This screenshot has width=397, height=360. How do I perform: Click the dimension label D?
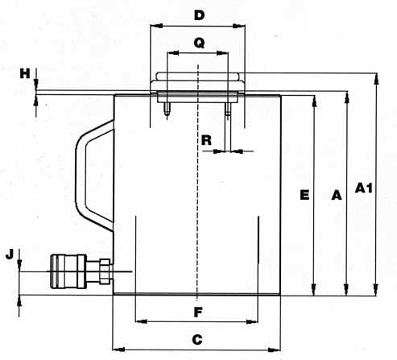[x=199, y=15]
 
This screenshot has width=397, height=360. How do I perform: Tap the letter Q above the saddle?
[x=199, y=43]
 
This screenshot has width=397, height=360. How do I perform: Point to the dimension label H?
[x=25, y=73]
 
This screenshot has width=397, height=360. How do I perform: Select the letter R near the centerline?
[x=206, y=140]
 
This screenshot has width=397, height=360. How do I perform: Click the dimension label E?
[x=304, y=195]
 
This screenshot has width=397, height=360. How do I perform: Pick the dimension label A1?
[x=364, y=188]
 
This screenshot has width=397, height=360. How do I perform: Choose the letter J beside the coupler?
[x=10, y=254]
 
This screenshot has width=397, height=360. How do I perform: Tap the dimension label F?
[x=198, y=312]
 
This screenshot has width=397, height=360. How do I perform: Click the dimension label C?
[x=197, y=340]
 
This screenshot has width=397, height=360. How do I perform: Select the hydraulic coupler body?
[x=68, y=271]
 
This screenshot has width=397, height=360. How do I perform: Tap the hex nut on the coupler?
[x=105, y=271]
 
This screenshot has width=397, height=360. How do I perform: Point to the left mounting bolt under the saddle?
[x=167, y=110]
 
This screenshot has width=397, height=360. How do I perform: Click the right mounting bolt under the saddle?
[x=228, y=110]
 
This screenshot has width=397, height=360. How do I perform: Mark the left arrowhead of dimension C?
[x=118, y=350]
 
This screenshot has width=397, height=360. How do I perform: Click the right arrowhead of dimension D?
[x=239, y=26]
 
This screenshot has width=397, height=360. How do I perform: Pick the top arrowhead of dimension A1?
[x=377, y=79]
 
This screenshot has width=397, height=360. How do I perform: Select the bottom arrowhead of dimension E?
[x=313, y=289]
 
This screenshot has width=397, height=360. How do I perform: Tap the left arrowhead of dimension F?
[x=142, y=321]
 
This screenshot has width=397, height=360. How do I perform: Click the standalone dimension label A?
[x=337, y=195]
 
